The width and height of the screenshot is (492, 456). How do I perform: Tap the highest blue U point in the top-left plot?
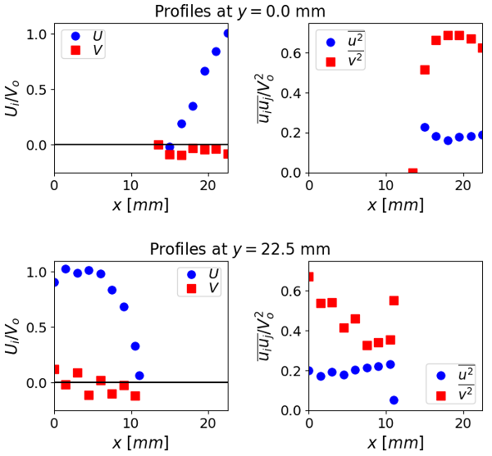point(227,34)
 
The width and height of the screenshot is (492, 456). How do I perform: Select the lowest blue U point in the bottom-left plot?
point(139,376)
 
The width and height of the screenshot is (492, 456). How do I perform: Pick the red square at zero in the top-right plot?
point(412,173)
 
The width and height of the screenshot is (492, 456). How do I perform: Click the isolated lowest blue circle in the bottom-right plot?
point(394,400)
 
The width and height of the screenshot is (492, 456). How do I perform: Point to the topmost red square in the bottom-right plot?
point(309,277)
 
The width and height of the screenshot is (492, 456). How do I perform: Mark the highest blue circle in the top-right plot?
point(425,128)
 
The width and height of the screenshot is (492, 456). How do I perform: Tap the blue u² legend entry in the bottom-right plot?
point(453,375)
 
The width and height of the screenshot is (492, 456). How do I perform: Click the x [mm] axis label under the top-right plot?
point(395,204)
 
